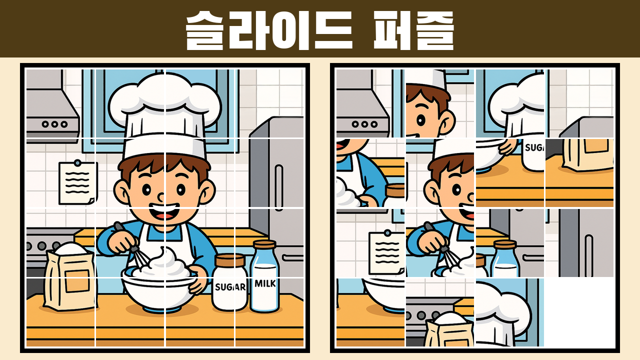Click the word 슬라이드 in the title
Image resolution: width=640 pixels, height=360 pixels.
click(x=269, y=30)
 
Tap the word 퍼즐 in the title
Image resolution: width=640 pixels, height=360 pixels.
click(x=413, y=30)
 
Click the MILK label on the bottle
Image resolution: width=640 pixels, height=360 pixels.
click(x=265, y=283)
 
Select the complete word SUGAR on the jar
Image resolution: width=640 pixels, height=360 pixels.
click(x=230, y=287)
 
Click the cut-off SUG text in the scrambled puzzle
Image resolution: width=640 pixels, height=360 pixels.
click(x=534, y=147)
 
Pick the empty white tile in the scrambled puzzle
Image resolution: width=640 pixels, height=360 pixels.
click(x=579, y=312)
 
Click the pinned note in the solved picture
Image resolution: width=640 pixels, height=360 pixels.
click(x=77, y=183)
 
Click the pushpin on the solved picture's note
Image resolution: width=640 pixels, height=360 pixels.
click(x=77, y=163)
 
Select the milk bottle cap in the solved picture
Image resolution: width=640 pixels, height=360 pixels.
click(x=264, y=245)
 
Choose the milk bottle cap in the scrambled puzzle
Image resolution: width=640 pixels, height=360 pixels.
click(x=505, y=245)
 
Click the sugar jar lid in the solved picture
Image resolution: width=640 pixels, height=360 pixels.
click(x=230, y=260)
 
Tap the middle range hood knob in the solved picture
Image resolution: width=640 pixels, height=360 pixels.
click(x=54, y=124)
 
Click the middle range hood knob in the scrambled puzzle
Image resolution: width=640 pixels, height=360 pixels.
click(x=364, y=124)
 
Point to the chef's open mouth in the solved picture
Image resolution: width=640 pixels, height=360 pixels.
click(x=164, y=212)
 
